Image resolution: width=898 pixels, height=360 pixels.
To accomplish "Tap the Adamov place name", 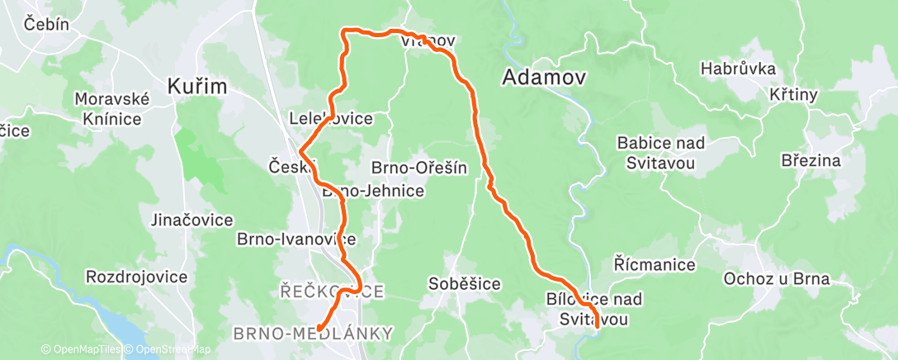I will [x=545, y=78].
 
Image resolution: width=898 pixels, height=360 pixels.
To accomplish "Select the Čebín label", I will [x=46, y=24].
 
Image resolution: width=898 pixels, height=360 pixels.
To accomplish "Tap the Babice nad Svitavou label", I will [x=661, y=153].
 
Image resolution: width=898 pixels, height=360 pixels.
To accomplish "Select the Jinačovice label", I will [x=192, y=220].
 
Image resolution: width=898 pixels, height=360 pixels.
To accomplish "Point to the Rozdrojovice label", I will [x=136, y=277].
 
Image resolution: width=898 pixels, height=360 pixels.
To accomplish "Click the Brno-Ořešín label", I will [x=420, y=168].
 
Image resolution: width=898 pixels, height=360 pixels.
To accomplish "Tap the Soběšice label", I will [x=464, y=284].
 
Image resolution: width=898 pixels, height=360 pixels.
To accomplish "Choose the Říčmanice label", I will [x=655, y=265].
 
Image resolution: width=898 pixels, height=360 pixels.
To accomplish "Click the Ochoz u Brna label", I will [x=775, y=278].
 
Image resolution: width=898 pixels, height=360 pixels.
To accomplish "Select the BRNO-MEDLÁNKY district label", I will [x=313, y=334].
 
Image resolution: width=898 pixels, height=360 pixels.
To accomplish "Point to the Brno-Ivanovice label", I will [x=296, y=239].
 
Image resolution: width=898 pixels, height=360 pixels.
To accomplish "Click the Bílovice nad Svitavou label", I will [x=594, y=308].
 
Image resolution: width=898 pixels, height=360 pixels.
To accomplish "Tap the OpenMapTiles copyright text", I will [x=80, y=350].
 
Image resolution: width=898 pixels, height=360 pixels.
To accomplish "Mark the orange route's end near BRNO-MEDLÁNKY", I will [x=319, y=329].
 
